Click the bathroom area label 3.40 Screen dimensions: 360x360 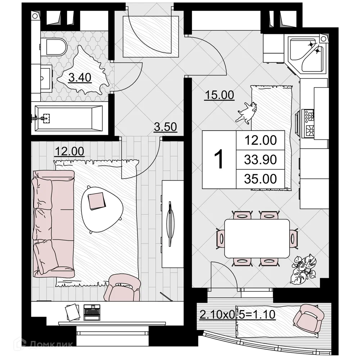(x=80, y=77)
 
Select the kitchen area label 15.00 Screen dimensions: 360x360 (x=219, y=95)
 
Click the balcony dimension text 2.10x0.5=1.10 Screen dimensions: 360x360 (x=237, y=315)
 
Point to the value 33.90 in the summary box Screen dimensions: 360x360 (x=260, y=159)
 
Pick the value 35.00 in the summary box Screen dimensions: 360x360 (x=260, y=179)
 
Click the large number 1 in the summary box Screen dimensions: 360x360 (x=219, y=159)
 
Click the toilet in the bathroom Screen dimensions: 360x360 (x=54, y=46)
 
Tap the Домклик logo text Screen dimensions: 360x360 (x=51, y=345)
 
